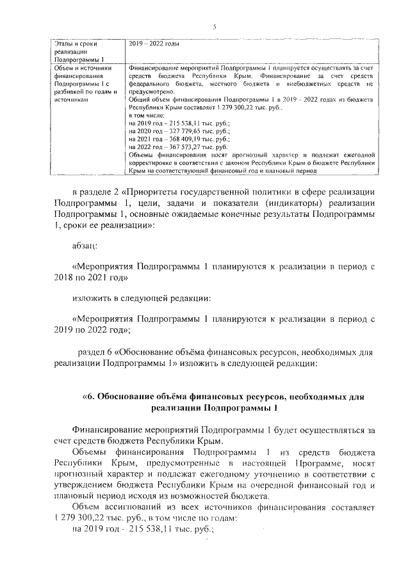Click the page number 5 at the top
click(x=215, y=26)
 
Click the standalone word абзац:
click(x=85, y=245)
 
